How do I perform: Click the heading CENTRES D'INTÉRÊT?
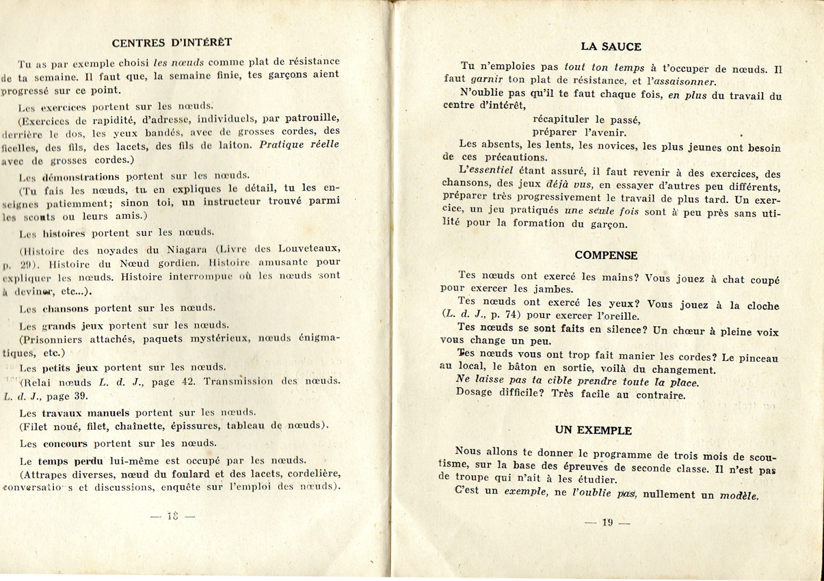click(172, 42)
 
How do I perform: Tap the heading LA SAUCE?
click(611, 46)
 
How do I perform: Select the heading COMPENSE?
click(606, 256)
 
